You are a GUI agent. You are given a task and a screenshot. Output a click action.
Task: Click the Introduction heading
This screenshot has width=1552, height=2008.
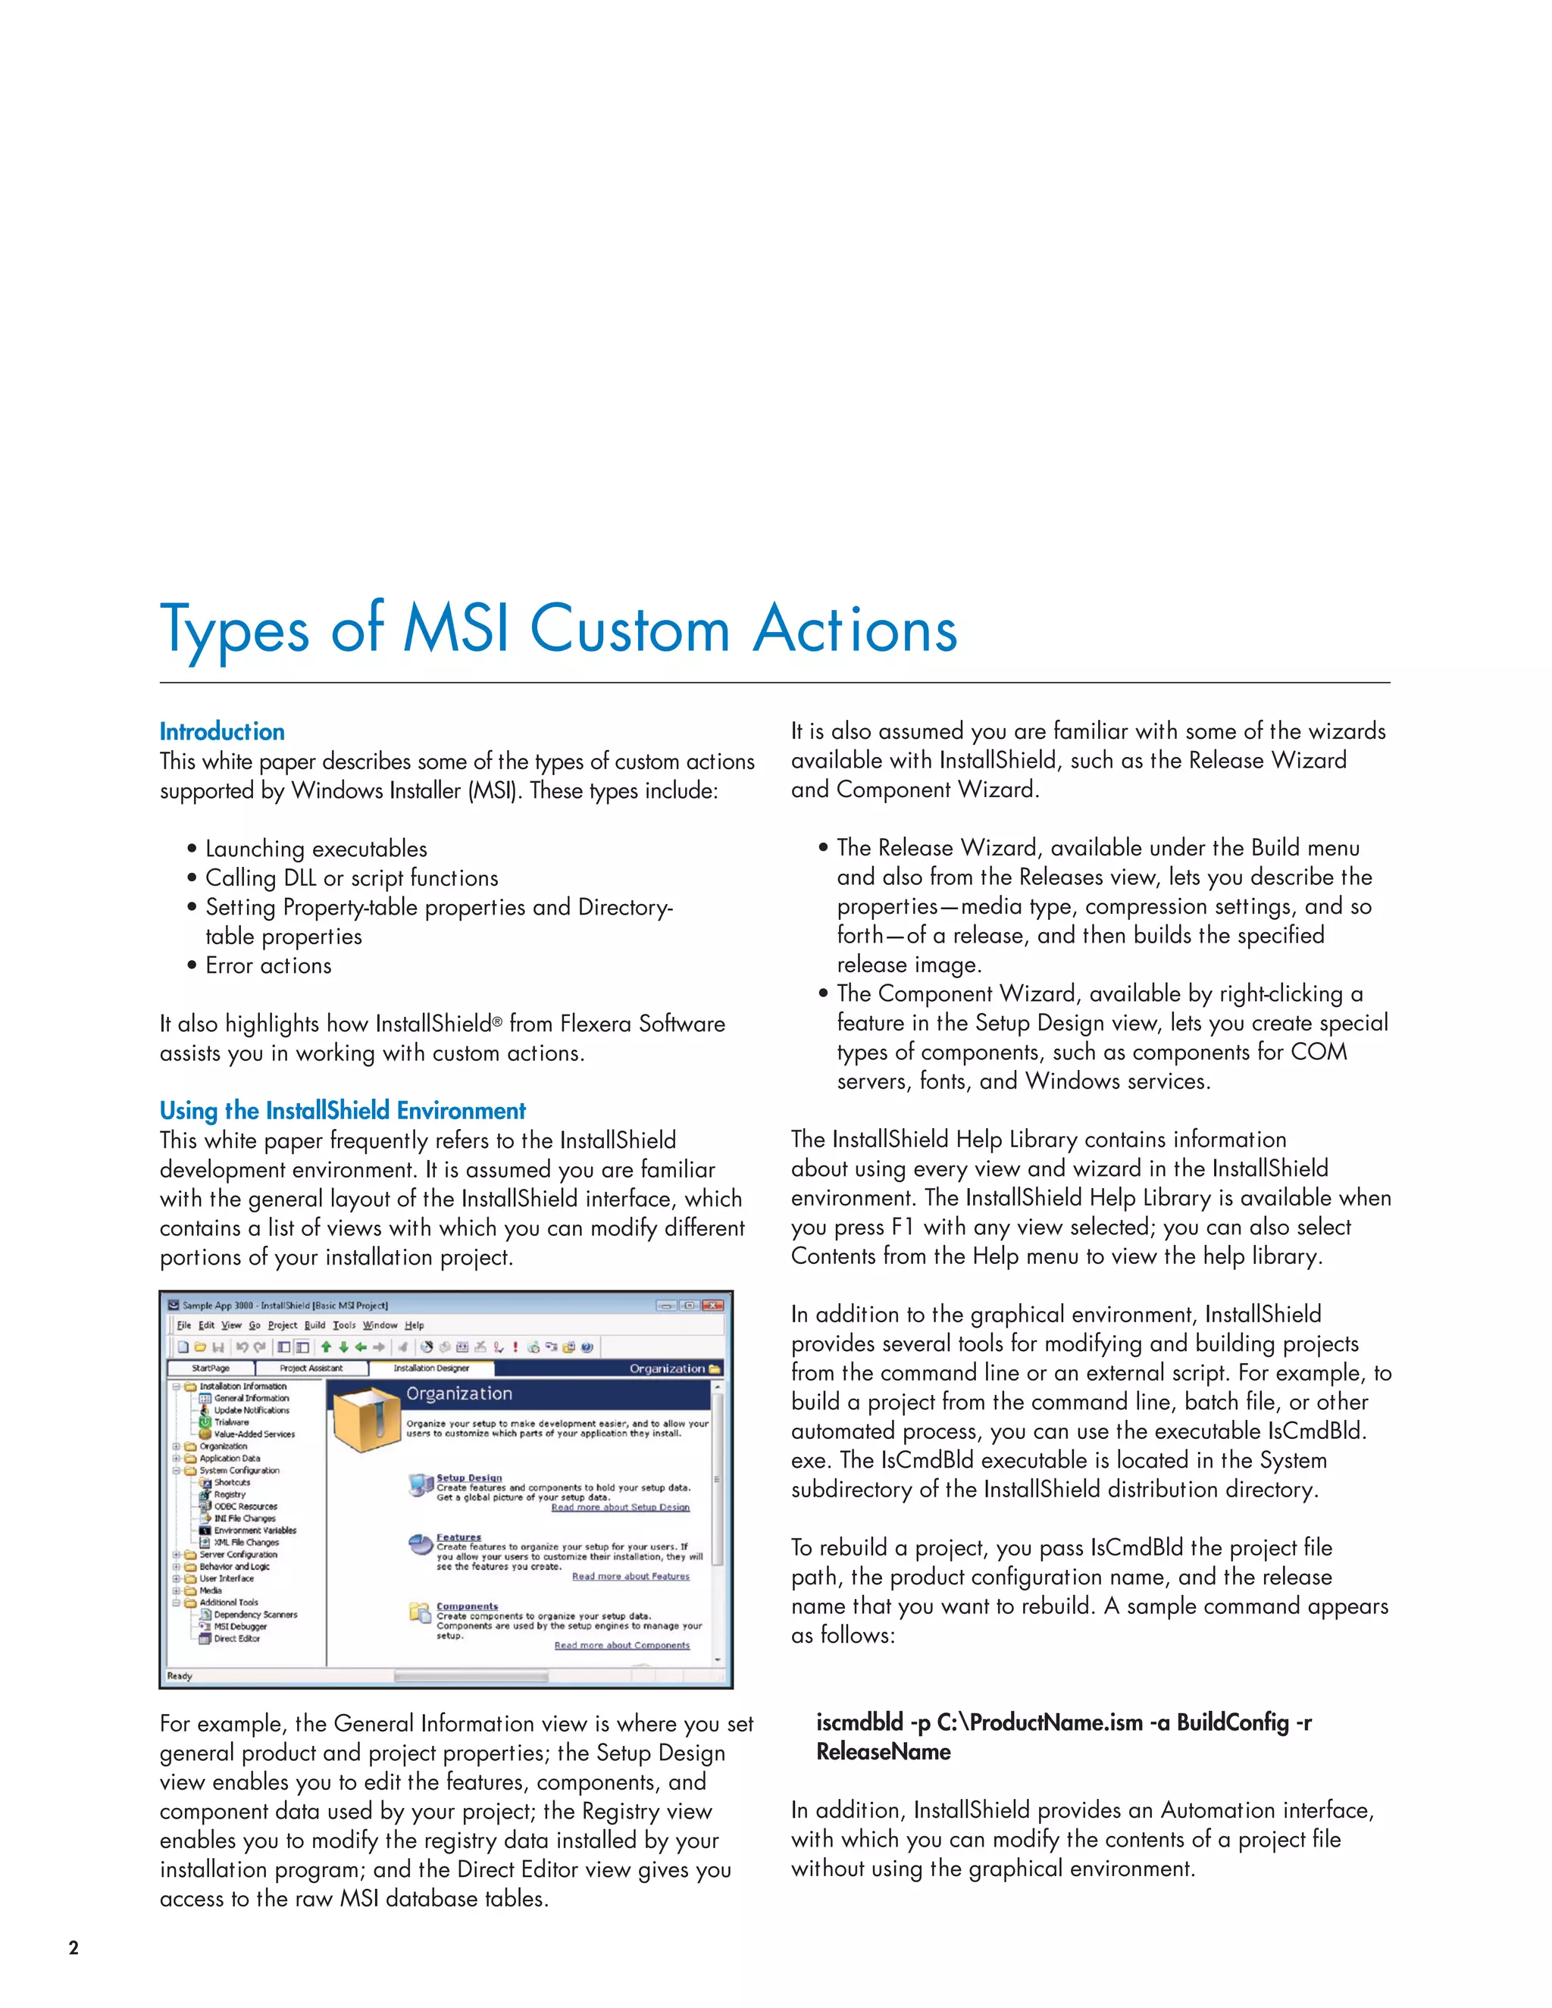pos(221,732)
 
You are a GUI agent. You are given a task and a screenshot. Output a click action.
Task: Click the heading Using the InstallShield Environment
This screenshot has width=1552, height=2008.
pos(342,1111)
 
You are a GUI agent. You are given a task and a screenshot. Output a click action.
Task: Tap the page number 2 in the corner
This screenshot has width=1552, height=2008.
pos(74,1947)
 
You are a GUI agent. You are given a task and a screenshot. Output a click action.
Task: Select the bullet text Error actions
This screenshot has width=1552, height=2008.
pos(268,965)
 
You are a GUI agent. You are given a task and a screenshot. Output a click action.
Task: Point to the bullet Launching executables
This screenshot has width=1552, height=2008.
pos(315,849)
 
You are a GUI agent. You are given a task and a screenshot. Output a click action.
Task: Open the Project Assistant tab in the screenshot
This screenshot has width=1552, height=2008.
pos(311,1368)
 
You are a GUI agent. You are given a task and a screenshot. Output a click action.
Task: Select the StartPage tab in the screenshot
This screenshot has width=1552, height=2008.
pos(211,1368)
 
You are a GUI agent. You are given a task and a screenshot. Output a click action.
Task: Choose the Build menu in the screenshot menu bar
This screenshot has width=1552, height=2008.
pos(315,1325)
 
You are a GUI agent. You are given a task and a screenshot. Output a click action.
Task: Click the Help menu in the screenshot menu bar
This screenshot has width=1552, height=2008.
pos(415,1325)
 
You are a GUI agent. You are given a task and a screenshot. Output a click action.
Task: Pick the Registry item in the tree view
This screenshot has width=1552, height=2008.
pos(230,1494)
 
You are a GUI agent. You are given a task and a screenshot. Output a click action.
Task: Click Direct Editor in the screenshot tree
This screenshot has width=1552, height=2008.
pos(236,1637)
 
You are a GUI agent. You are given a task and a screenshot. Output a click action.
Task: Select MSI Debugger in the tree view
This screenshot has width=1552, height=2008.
pos(240,1625)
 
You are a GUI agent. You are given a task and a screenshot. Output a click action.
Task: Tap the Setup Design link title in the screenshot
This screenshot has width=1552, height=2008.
pos(469,1478)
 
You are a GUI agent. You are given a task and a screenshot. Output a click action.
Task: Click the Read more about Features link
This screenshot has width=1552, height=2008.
pos(630,1576)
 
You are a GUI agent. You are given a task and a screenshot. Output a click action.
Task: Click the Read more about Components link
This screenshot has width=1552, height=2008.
pos(621,1645)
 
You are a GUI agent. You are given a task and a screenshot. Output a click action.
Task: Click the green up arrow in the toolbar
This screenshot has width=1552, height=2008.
pos(325,1347)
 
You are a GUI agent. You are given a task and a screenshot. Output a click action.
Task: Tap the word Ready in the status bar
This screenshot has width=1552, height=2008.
pos(180,1675)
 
